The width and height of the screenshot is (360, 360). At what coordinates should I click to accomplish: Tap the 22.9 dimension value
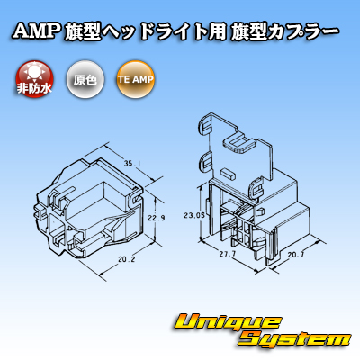point(157,218)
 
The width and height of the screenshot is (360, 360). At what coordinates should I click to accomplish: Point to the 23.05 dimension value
point(194,215)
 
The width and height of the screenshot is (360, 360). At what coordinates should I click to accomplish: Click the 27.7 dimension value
point(228,254)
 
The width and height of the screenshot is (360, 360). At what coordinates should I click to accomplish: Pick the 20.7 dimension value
point(296,255)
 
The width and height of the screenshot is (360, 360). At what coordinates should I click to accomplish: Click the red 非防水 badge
point(34,79)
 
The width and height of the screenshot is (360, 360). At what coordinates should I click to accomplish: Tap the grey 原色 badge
point(85,79)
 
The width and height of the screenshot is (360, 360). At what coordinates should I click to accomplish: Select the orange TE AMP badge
point(135,79)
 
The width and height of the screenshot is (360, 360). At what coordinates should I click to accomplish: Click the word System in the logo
point(295,340)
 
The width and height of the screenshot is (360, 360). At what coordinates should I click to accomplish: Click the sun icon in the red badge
point(34,72)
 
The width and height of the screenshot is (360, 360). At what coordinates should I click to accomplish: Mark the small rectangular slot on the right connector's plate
point(227,174)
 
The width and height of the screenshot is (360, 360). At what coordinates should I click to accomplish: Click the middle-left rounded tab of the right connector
point(206,162)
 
